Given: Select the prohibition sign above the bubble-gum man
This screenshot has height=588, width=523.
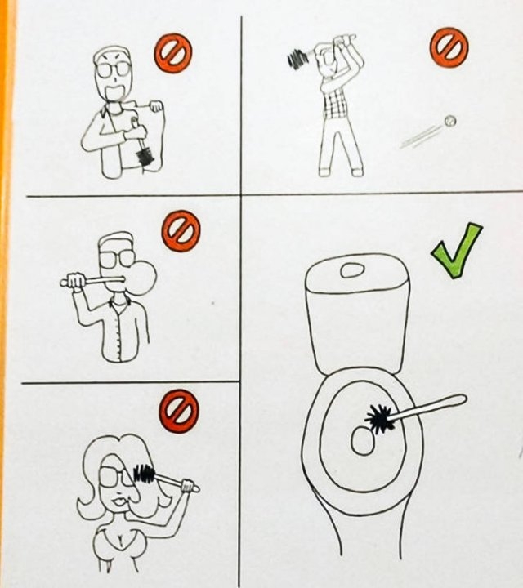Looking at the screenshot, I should coord(181,231).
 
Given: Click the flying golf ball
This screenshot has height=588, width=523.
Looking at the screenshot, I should coord(449,121).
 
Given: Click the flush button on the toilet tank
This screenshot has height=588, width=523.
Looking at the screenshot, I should coord(355,269).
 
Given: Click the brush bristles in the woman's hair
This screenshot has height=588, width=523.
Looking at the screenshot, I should coord(145,473).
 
